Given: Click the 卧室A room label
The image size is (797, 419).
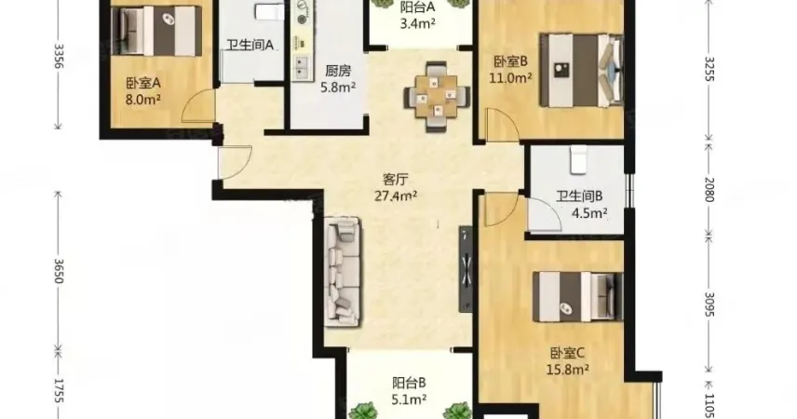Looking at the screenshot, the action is coord(143,83).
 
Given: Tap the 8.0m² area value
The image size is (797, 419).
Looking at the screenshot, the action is coord(143,99).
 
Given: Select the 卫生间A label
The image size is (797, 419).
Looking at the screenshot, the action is coord(250,46).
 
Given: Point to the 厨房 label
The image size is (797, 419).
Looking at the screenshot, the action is coord(338,71).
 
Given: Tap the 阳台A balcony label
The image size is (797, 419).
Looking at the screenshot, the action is coord(417,7).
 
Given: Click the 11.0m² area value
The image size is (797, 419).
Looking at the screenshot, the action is coord(510,78).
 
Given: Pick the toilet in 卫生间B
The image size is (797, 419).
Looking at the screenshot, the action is coord(578,160).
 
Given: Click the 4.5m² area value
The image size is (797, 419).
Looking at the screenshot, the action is coord(589,213).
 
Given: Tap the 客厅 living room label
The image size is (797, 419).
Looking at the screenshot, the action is coord(396,180).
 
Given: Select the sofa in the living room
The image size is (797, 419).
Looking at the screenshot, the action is coord(342,272).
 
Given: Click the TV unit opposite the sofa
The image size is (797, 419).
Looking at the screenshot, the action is coord(466,269).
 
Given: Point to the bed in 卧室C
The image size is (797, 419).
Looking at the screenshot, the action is coord(578,297).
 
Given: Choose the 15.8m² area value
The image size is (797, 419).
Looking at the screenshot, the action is coord(568,370).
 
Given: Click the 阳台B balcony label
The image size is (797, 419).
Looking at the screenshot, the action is coord(409,383).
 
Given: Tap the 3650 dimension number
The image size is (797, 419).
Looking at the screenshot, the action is coord(59,271).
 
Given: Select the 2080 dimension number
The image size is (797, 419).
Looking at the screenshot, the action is coord(709,189).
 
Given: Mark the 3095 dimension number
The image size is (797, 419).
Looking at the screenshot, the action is coord(709,304).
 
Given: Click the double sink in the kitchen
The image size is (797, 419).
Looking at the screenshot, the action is coord(302,67).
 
